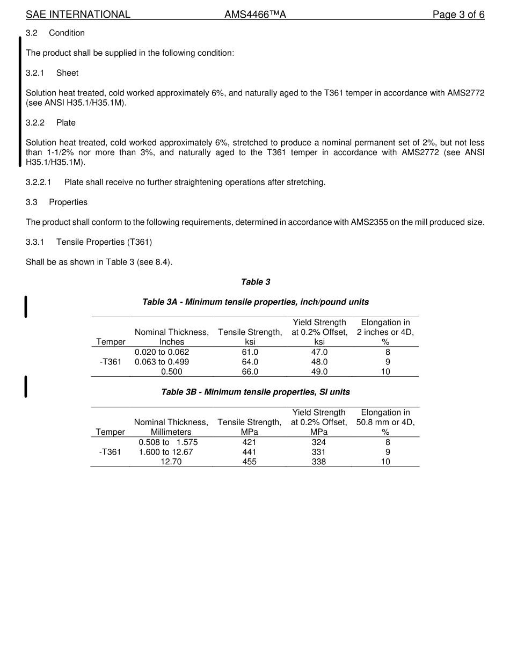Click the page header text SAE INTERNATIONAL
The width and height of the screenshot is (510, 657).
(x=78, y=14)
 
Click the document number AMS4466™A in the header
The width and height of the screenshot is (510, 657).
(x=255, y=14)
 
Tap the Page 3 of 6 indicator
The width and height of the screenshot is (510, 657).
(x=458, y=14)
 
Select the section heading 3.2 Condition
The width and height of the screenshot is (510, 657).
(x=55, y=33)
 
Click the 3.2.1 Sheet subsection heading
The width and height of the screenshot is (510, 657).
(x=52, y=73)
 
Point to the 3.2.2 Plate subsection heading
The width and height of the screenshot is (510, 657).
(x=50, y=123)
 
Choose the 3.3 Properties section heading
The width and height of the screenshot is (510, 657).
(x=56, y=202)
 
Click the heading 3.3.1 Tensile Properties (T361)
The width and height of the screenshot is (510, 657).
(x=89, y=242)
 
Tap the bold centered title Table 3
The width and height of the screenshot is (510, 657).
(x=256, y=282)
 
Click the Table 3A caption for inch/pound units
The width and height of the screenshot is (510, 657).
(x=256, y=302)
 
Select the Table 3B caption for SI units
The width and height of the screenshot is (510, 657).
(x=256, y=392)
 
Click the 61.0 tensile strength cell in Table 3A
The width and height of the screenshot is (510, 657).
(x=250, y=352)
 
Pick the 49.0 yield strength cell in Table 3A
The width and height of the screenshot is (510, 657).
(x=319, y=371)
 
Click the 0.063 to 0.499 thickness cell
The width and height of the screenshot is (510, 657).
(x=162, y=362)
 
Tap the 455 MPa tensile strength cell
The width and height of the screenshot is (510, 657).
(x=250, y=462)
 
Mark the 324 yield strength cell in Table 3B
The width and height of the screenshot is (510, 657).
(x=319, y=442)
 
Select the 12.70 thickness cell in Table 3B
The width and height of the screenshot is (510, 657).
(x=171, y=462)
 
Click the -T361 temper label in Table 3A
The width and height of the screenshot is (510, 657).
(x=111, y=362)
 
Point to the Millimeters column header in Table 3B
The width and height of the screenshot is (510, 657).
(x=171, y=432)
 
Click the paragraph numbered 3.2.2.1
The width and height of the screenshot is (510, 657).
(x=176, y=182)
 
